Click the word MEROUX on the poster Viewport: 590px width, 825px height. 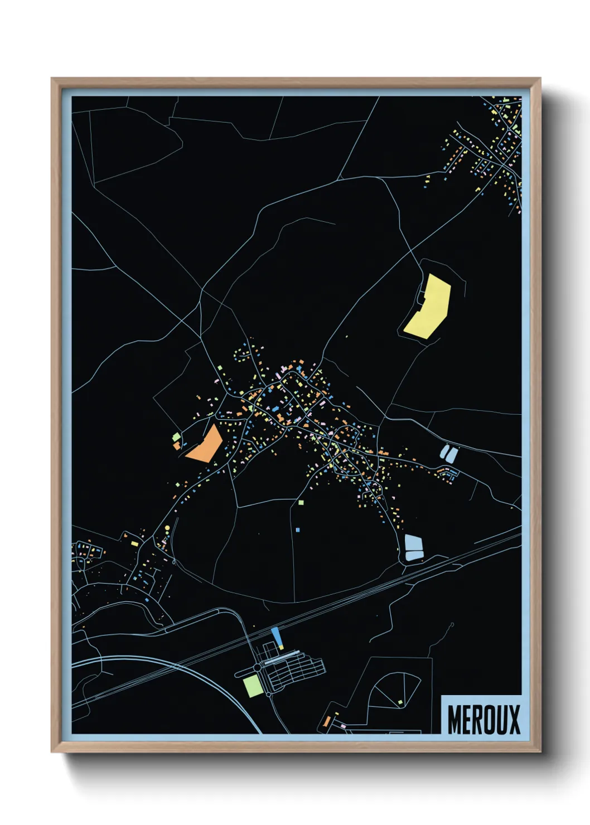click(x=483, y=719)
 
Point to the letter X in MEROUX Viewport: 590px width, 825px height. click(x=514, y=719)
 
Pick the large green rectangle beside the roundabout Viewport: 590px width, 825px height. click(x=252, y=685)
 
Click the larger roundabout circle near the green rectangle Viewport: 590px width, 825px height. click(x=257, y=667)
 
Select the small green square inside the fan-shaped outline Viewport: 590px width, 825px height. click(x=400, y=702)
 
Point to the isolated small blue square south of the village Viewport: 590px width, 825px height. click(x=298, y=530)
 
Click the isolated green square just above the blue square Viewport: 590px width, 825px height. click(x=301, y=502)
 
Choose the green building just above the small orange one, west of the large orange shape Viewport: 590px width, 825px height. click(x=176, y=436)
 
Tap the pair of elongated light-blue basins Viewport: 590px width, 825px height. click(x=449, y=453)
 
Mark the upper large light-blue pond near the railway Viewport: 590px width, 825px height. click(x=413, y=542)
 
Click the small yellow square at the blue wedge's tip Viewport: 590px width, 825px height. click(x=281, y=647)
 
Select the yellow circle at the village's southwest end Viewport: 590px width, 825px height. click(x=167, y=527)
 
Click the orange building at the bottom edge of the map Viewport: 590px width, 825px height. click(x=327, y=722)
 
